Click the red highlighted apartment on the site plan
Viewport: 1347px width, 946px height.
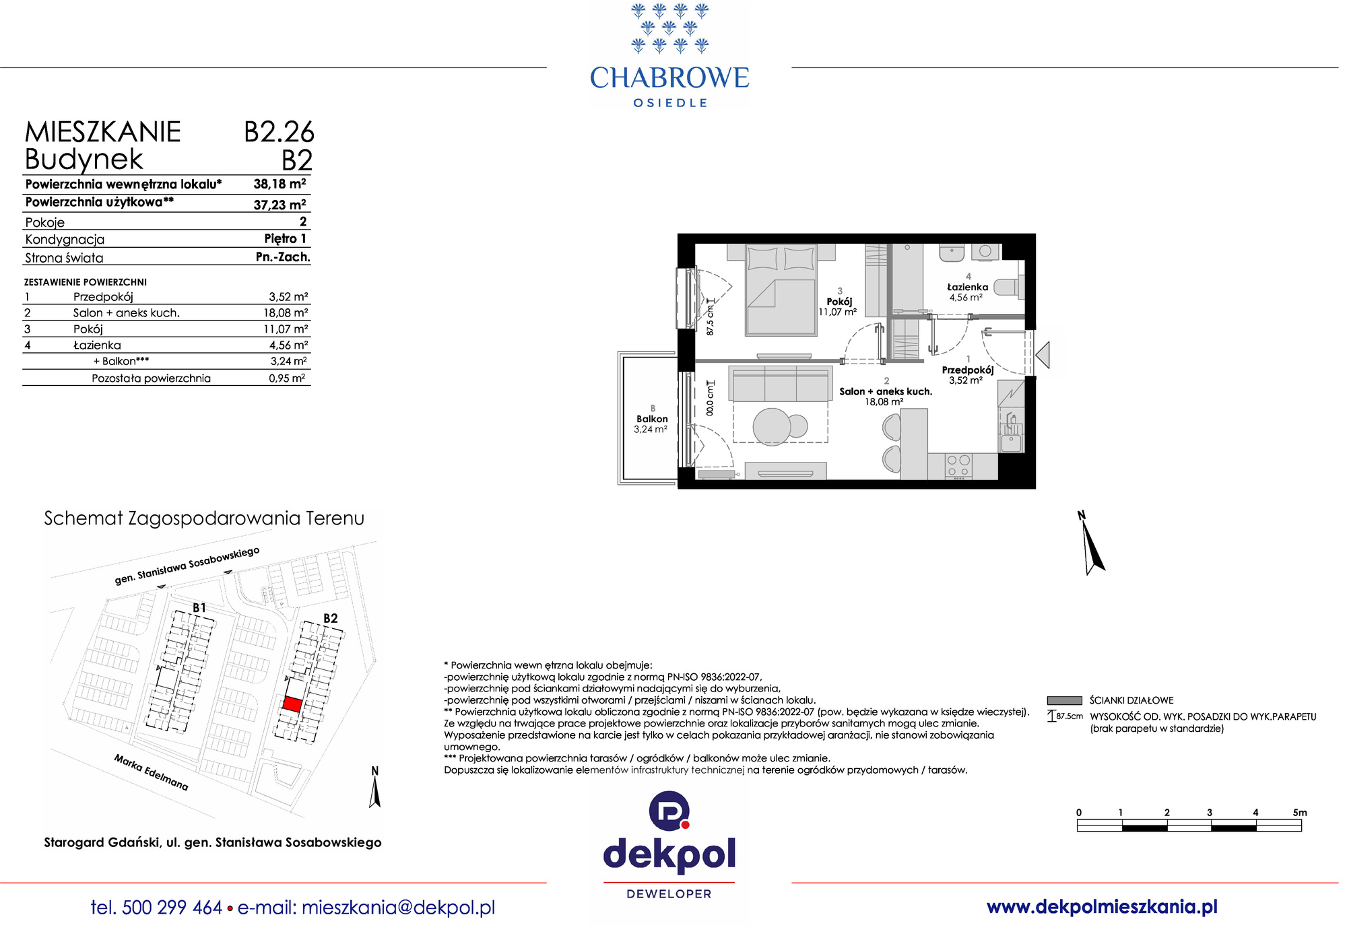pyautogui.click(x=292, y=704)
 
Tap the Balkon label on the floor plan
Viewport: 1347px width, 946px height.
pyautogui.click(x=652, y=419)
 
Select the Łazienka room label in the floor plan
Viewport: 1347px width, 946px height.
pyautogui.click(x=967, y=287)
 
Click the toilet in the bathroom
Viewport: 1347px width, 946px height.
pyautogui.click(x=1008, y=287)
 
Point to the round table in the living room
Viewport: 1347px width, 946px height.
pyautogui.click(x=772, y=426)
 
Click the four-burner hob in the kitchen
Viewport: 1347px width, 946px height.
pyautogui.click(x=958, y=466)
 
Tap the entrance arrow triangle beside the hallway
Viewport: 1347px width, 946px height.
pyautogui.click(x=1043, y=355)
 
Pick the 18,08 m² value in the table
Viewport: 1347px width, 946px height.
pyautogui.click(x=286, y=312)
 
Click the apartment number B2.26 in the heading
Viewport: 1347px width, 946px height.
pyautogui.click(x=279, y=132)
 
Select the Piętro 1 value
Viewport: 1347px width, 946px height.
pyautogui.click(x=286, y=238)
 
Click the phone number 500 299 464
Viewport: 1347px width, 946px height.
pyautogui.click(x=172, y=908)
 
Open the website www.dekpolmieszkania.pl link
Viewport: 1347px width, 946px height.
pyautogui.click(x=1102, y=907)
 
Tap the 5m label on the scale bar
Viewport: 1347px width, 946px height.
pyautogui.click(x=1300, y=813)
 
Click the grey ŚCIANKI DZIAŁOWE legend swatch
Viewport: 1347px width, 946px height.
pyautogui.click(x=1064, y=700)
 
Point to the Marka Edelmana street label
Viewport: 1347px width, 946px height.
pyautogui.click(x=151, y=772)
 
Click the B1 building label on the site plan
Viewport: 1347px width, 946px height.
pyautogui.click(x=199, y=607)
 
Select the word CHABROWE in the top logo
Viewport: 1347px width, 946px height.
pyautogui.click(x=669, y=78)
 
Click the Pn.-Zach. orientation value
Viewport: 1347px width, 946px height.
pyautogui.click(x=283, y=257)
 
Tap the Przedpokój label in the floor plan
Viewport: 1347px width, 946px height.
pyautogui.click(x=967, y=370)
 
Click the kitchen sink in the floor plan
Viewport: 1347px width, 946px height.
pyautogui.click(x=1010, y=442)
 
